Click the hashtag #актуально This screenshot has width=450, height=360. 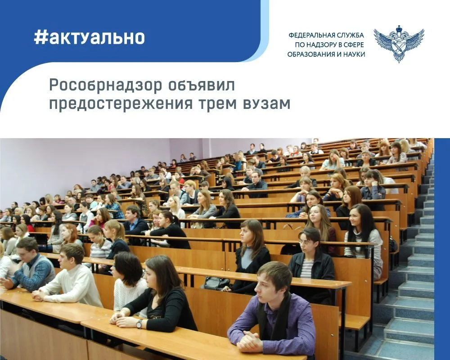click(89, 38)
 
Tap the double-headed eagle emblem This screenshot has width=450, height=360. click(399, 44)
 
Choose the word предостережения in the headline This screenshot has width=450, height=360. click(121, 103)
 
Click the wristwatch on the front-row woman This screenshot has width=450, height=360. click(139, 324)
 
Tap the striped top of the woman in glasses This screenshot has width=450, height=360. click(306, 269)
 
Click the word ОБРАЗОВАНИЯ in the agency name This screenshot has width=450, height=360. click(308, 54)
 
